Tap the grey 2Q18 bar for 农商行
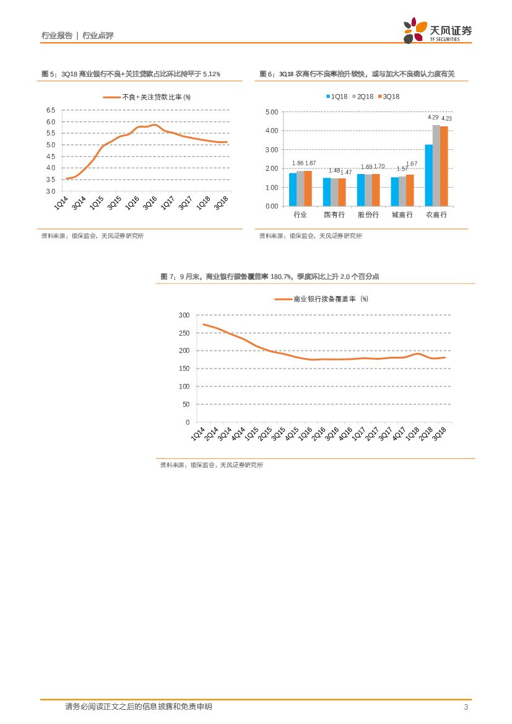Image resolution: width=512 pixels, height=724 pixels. [x=436, y=165]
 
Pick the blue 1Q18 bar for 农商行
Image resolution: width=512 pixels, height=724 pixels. [x=428, y=175]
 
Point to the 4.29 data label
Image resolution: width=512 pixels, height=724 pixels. [x=433, y=118]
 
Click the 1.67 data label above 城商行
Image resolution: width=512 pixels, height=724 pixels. [x=412, y=164]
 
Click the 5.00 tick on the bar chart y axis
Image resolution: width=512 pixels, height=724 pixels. [x=271, y=112]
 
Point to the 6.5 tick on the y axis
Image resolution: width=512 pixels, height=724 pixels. [x=51, y=110]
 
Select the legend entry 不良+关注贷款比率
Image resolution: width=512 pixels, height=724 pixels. [x=147, y=97]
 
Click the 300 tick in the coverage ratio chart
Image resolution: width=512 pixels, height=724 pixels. [x=184, y=315]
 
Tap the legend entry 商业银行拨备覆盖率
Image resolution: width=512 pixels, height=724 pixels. [x=322, y=299]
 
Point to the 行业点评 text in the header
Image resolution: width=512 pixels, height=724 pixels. [x=98, y=36]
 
